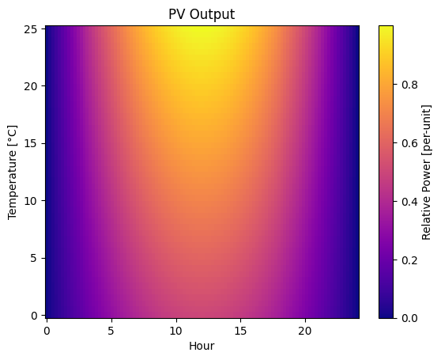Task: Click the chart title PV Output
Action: coord(202,14)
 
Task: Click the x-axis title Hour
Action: coord(202,346)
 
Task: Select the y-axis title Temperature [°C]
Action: coord(13,172)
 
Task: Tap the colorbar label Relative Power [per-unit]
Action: coord(427,172)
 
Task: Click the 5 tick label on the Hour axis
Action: coord(111,330)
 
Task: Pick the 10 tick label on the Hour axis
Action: coord(175,330)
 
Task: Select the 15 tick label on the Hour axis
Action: coord(240,330)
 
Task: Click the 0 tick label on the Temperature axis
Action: coord(35,315)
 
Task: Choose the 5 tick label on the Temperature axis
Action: coord(35,258)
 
